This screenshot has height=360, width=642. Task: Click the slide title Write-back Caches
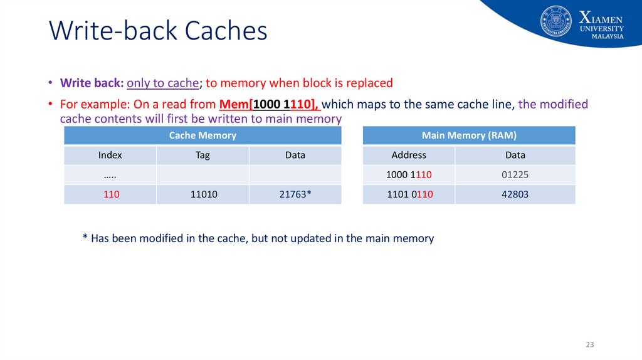[158, 31]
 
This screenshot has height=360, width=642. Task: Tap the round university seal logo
[555, 21]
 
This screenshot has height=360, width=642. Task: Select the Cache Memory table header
[203, 135]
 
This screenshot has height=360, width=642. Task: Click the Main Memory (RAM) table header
[469, 135]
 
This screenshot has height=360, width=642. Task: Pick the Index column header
[110, 155]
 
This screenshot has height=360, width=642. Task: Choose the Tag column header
[203, 155]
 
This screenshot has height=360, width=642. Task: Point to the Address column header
[409, 155]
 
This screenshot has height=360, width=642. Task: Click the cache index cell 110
[111, 194]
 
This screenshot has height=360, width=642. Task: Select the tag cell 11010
[203, 194]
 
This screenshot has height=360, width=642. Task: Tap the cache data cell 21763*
[295, 194]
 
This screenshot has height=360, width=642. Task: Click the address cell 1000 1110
[409, 175]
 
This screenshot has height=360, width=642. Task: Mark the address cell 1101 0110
[409, 194]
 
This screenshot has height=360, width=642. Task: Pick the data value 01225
[515, 175]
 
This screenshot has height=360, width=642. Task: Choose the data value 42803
[515, 194]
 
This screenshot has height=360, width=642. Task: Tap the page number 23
[589, 345]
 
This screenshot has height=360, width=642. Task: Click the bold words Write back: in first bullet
[92, 83]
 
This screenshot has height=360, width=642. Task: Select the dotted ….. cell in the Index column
[110, 175]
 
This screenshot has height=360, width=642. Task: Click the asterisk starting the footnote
[85, 239]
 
